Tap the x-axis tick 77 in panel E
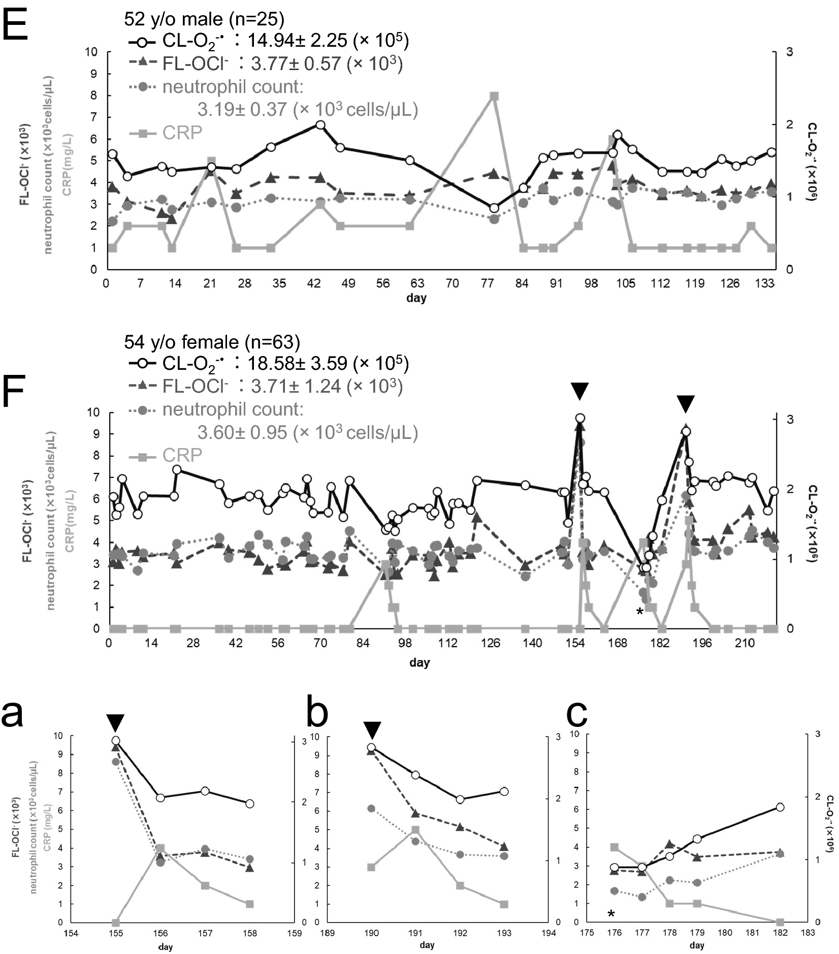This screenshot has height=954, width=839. click(487, 283)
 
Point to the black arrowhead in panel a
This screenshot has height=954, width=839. click(116, 722)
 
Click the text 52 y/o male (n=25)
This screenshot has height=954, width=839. click(204, 19)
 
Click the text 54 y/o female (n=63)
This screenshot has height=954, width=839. click(212, 342)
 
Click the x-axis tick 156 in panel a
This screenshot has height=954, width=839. click(160, 933)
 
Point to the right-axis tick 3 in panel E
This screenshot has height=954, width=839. click(789, 52)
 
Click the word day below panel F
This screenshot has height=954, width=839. click(419, 662)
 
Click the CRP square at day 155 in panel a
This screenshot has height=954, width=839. click(116, 923)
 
